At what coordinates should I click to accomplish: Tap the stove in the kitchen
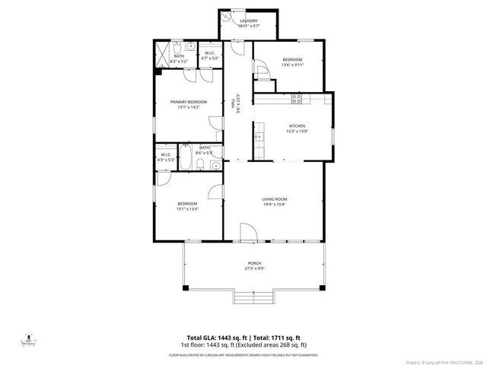click(298, 98)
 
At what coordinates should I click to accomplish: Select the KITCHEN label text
click(297, 126)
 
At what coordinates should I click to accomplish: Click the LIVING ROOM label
click(274, 199)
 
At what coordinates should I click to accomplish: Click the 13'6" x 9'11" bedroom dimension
click(292, 65)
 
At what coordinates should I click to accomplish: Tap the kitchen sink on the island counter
click(258, 137)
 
